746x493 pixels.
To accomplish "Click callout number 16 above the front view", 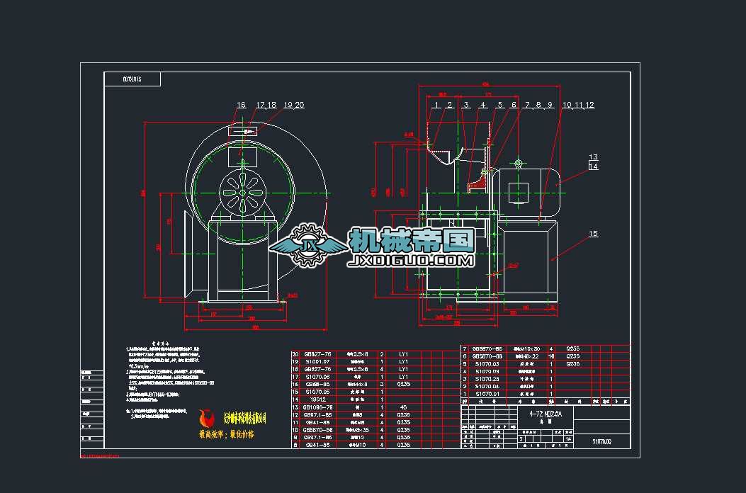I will (x=241, y=105).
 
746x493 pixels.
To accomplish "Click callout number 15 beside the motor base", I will (x=593, y=233).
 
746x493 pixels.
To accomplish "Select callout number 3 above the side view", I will (x=465, y=105).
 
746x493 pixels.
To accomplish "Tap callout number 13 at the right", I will (x=593, y=157).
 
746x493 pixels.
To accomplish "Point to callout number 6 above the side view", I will (x=514, y=105).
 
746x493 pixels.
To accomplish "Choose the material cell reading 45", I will (x=404, y=407).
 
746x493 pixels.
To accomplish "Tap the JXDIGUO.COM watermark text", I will (x=410, y=261).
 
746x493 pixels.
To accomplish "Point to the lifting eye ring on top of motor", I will (x=518, y=164).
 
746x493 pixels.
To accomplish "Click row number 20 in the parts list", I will (x=296, y=353).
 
